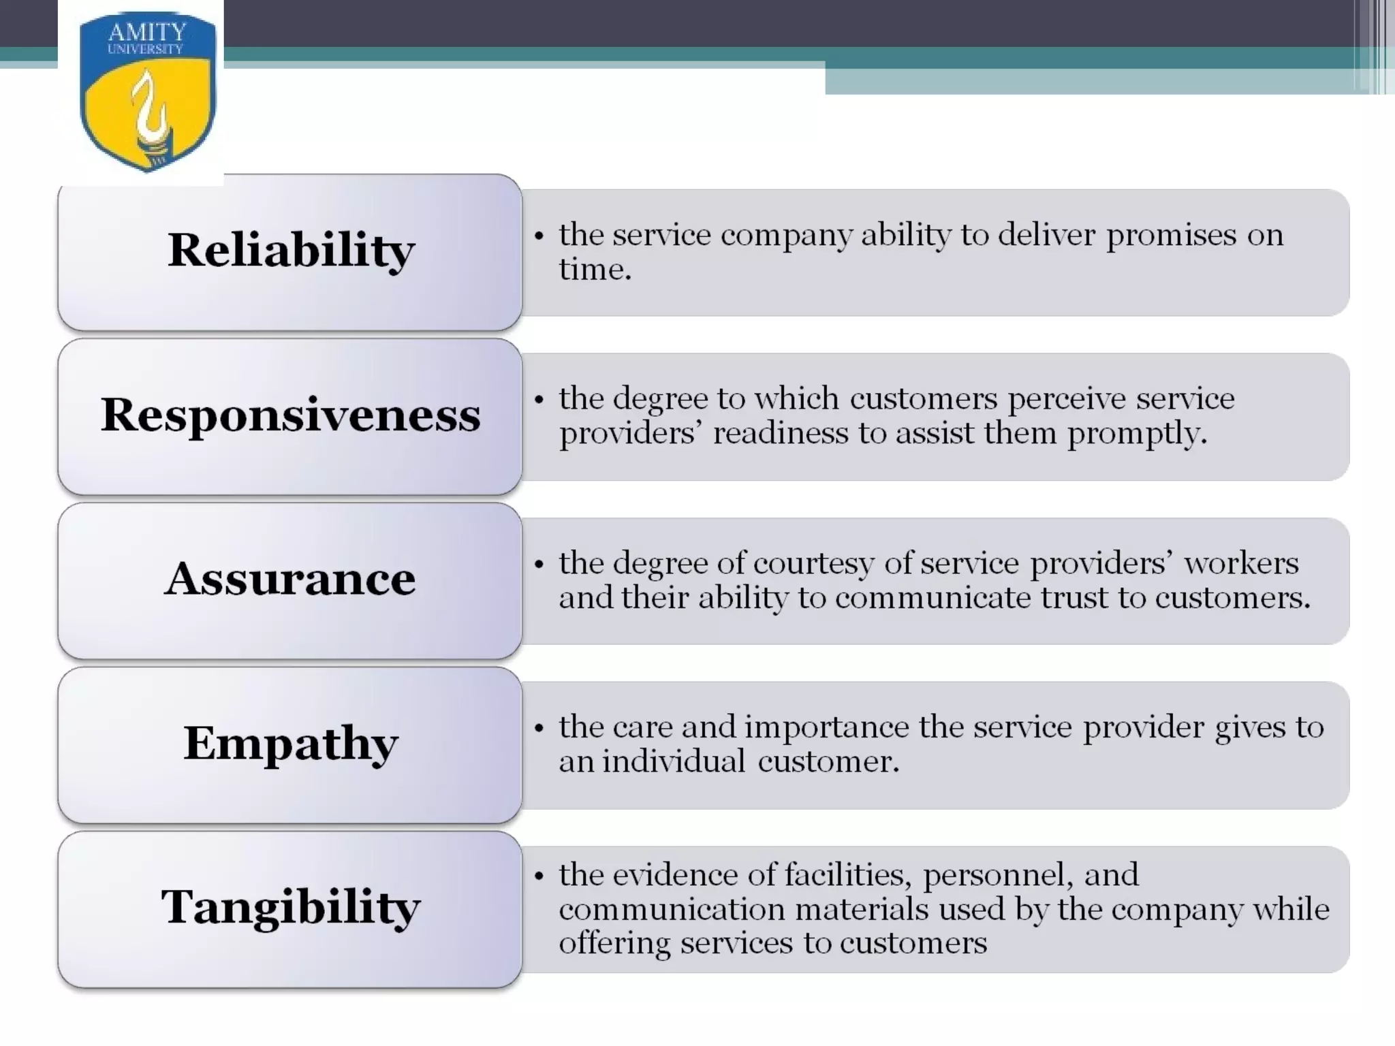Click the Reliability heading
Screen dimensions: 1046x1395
291,250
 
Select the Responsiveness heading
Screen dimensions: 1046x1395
291,415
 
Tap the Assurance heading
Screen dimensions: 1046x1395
291,579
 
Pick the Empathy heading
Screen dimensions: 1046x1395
291,744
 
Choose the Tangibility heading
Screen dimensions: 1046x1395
291,908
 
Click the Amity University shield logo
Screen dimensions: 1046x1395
147,92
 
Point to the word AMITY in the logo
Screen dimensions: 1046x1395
147,31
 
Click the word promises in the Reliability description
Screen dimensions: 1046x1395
1171,236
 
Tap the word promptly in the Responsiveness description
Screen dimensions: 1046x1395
1137,434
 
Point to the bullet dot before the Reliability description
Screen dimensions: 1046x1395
539,236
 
